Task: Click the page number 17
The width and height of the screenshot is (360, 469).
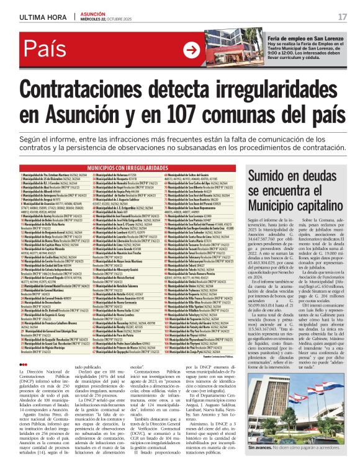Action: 343,16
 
